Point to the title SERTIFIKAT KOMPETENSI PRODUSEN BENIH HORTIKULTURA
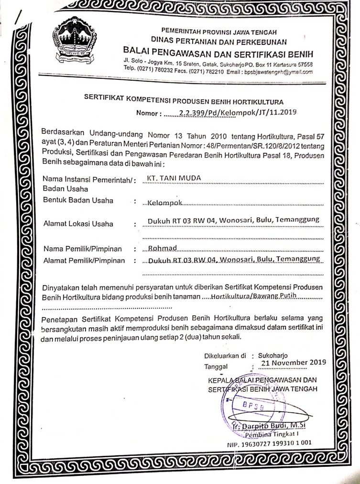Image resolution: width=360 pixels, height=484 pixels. point(184,100)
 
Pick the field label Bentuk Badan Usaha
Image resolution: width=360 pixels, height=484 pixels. point(78,200)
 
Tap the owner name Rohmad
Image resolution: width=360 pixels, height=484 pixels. point(163,249)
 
